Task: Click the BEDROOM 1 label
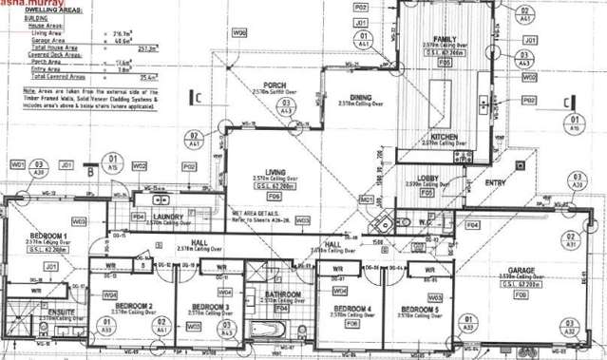coord(47,235)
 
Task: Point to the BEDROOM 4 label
coord(351,309)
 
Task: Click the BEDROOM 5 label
coord(419,310)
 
